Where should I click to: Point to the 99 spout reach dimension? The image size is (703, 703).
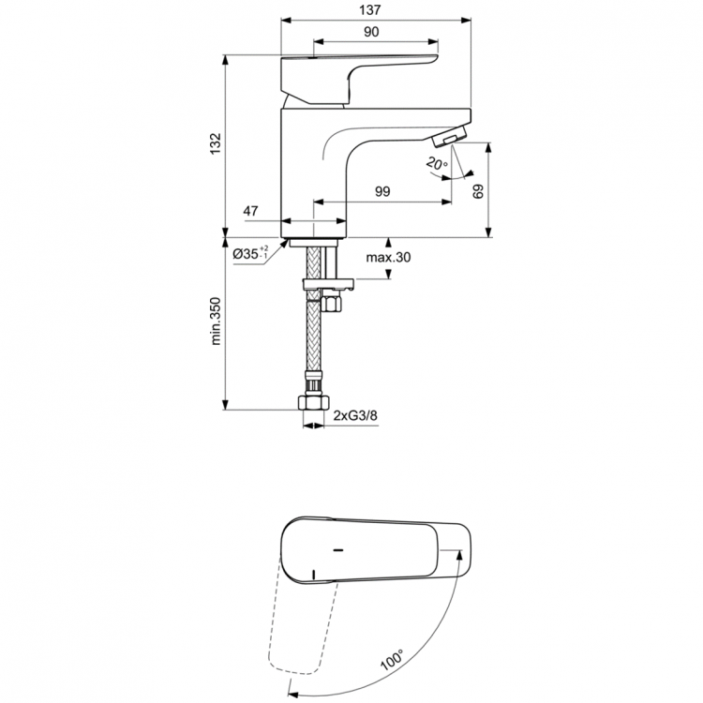[x=382, y=191]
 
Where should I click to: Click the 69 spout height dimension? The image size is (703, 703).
[x=479, y=191]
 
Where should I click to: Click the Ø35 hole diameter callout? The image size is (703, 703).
[x=249, y=254]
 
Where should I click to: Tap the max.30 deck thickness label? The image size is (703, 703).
[x=389, y=257]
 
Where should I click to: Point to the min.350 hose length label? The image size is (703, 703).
[x=216, y=324]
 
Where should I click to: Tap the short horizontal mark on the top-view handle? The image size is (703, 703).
[x=338, y=546]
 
